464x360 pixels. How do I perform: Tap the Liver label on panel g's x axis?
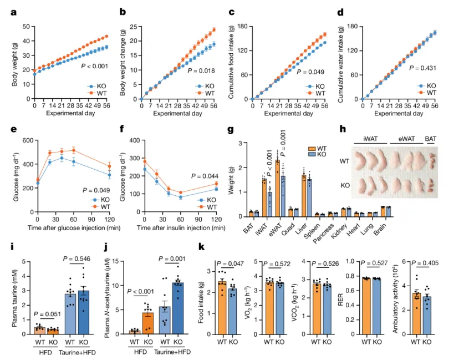pyautogui.click(x=304, y=226)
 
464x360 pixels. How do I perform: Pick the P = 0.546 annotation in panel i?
pyautogui.click(x=78, y=259)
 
